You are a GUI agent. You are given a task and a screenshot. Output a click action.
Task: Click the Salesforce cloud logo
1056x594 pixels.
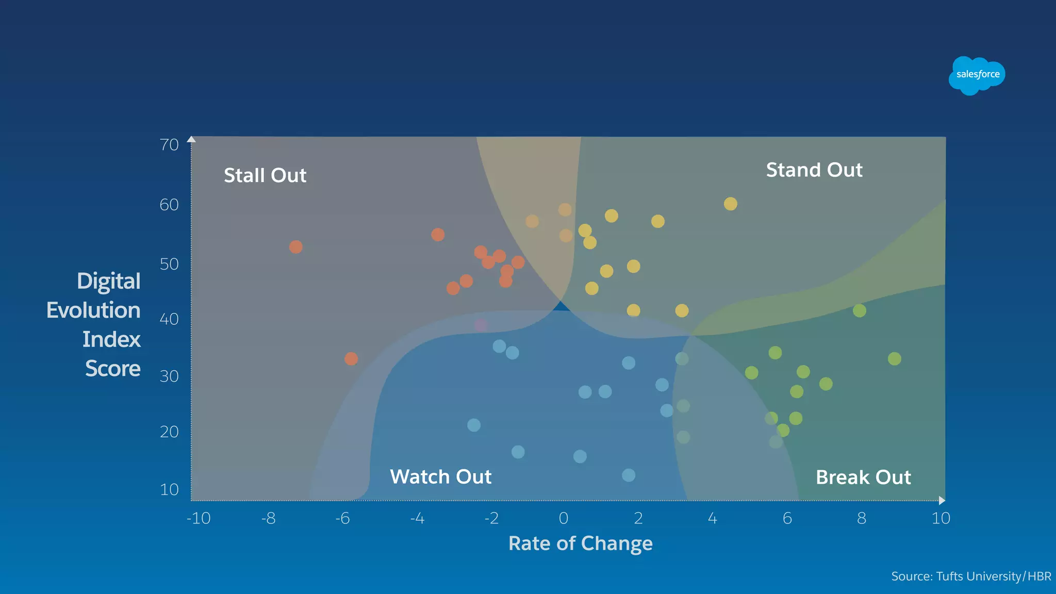click(x=977, y=75)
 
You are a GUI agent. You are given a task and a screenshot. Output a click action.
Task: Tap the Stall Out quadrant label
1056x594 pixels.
click(x=265, y=175)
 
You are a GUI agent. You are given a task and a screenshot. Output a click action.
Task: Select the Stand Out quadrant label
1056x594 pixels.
click(x=814, y=170)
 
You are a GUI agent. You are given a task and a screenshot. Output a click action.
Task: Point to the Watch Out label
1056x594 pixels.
click(x=440, y=477)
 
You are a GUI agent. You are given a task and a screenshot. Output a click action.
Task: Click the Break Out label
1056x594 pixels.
click(x=863, y=477)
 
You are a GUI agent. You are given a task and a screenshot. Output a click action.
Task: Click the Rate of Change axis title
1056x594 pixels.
click(x=580, y=543)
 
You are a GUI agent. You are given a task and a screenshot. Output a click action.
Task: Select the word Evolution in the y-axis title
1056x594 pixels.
click(x=93, y=310)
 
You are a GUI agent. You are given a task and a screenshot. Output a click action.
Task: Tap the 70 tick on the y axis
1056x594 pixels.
click(x=169, y=145)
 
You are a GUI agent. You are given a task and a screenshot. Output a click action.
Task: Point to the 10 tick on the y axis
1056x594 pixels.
click(x=169, y=489)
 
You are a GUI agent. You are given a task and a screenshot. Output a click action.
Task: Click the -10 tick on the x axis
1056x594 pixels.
click(x=199, y=518)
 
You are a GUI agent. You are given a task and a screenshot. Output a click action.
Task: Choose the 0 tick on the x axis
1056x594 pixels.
click(x=564, y=518)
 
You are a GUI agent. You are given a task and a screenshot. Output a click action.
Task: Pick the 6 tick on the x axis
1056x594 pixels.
click(x=787, y=518)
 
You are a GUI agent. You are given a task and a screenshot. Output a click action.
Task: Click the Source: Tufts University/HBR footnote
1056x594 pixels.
click(x=971, y=576)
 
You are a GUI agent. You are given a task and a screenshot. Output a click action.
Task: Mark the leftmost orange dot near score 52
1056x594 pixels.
click(x=296, y=247)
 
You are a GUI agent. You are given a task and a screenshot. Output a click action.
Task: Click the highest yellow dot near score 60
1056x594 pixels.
click(x=730, y=204)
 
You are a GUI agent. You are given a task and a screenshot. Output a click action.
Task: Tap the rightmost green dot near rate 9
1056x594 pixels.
click(x=895, y=359)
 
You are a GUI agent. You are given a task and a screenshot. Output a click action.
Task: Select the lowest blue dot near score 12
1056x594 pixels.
click(x=629, y=475)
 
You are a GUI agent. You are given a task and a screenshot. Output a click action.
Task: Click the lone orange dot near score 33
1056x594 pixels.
click(x=351, y=359)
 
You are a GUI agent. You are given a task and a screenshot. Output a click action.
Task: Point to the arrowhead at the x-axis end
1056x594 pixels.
click(x=942, y=500)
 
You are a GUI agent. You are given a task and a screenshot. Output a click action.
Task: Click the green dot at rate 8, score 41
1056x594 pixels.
click(x=860, y=311)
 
